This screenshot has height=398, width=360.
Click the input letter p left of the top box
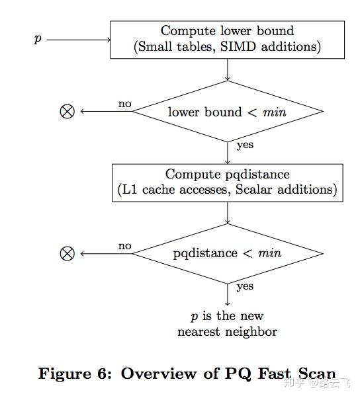38,40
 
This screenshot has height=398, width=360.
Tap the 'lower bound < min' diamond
227,112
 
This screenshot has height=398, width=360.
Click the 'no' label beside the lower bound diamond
124,104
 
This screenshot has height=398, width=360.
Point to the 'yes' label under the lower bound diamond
244,145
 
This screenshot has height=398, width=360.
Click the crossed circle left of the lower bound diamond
67,112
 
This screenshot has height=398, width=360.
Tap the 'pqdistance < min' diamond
227,253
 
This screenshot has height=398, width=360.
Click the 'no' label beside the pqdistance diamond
124,246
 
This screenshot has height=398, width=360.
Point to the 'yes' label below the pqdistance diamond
244,287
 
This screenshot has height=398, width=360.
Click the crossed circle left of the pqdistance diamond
67,253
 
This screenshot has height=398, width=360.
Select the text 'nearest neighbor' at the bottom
227,331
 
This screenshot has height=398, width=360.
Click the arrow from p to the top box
78,40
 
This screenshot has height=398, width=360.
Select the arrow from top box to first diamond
227,69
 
